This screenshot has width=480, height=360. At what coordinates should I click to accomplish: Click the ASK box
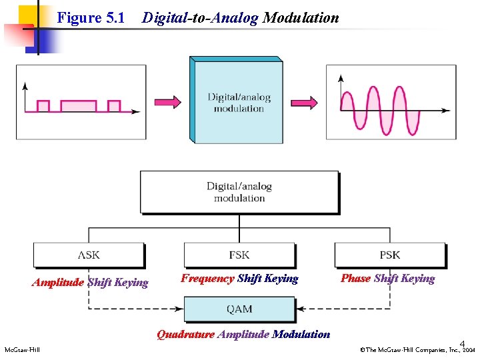(x=89, y=255)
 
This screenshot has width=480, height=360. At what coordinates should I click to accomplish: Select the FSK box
(x=239, y=255)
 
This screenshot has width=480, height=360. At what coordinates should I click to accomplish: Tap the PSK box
(x=390, y=255)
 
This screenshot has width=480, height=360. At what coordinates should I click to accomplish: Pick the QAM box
(x=239, y=309)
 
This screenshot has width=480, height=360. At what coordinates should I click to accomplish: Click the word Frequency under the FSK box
(x=207, y=279)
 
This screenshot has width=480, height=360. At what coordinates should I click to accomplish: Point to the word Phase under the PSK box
(x=355, y=279)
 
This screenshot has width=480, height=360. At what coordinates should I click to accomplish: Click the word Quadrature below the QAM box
(x=185, y=335)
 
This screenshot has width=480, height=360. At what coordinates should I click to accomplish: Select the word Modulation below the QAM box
(x=301, y=335)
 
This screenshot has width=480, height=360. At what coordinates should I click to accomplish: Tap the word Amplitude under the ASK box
(x=58, y=283)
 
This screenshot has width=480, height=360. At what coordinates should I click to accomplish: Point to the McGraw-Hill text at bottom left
(x=23, y=350)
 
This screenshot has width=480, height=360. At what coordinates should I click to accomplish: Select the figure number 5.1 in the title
(x=115, y=18)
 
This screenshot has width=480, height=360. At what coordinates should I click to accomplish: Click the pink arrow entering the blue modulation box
(x=167, y=101)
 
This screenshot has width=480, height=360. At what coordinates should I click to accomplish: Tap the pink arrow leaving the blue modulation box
(x=304, y=101)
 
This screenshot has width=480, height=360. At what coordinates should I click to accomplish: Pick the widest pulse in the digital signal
(x=79, y=106)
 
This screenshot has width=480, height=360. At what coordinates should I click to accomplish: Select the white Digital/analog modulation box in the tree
(x=239, y=192)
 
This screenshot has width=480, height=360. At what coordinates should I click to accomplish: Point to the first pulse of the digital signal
(x=43, y=106)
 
